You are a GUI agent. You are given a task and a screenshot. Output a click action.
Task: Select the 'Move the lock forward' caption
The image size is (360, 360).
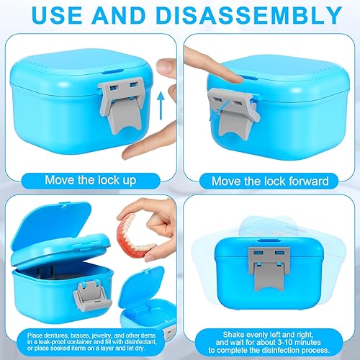pyautogui.click(x=271, y=180)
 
